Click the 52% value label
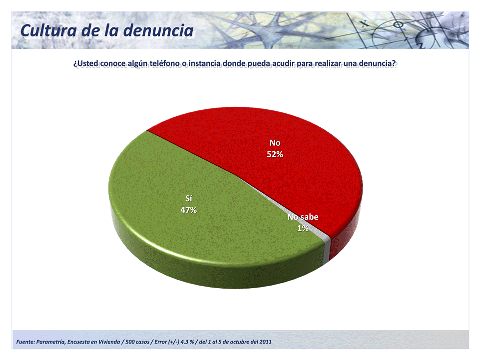pyautogui.click(x=275, y=154)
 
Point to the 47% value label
pyautogui.click(x=189, y=210)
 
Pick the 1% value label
pyautogui.click(x=303, y=228)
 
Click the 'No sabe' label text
pyautogui.click(x=303, y=217)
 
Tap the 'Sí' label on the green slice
pyautogui.click(x=189, y=199)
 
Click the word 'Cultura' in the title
pyautogui.click(x=48, y=30)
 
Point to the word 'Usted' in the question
pyautogui.click(x=88, y=63)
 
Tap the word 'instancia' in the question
pyautogui.click(x=204, y=63)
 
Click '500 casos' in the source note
pyautogui.click(x=137, y=342)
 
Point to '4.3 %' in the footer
pyautogui.click(x=187, y=342)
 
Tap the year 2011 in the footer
pyautogui.click(x=265, y=342)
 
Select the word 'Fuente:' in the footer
pyautogui.click(x=25, y=342)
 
